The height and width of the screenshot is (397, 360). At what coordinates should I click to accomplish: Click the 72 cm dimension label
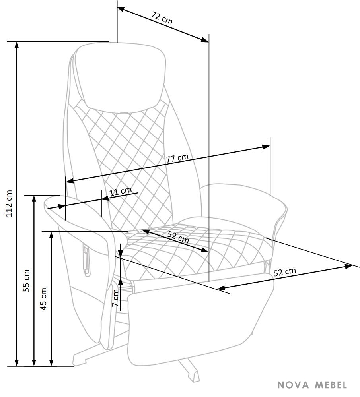[x=162, y=18]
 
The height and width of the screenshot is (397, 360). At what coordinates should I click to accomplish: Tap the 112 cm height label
[x=9, y=203]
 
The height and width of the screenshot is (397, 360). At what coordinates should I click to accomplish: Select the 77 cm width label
[x=177, y=158]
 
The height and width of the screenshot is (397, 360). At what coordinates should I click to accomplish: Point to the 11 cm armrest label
[x=121, y=192]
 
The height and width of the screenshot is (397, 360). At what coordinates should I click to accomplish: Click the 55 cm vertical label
[x=26, y=281]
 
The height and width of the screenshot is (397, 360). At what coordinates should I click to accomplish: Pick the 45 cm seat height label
[x=44, y=299]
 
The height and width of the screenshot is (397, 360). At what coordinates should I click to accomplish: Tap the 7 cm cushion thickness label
[x=115, y=298]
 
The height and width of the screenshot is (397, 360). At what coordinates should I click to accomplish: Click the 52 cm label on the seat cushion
[x=178, y=237]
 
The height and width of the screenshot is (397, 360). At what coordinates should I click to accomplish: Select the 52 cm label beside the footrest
[x=285, y=272]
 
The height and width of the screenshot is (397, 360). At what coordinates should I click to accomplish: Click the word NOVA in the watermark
[x=294, y=385]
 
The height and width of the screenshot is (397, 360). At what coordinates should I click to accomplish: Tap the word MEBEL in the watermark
[x=331, y=385]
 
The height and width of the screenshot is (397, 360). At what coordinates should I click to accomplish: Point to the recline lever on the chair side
[x=86, y=261]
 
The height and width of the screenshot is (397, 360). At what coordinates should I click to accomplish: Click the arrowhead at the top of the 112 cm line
[x=17, y=45]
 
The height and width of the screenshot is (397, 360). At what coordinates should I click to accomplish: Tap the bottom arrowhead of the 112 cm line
[x=17, y=362]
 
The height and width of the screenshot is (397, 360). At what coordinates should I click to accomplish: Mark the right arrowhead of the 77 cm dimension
[x=266, y=147]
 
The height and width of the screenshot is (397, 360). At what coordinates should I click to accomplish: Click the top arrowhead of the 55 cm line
[x=34, y=199]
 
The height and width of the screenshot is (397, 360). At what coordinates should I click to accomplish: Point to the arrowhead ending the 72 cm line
[x=205, y=40]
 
